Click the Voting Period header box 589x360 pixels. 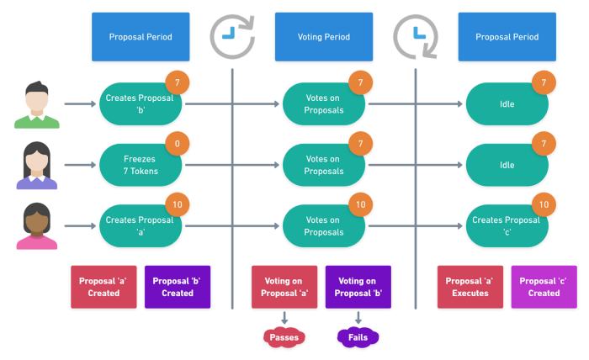(324, 37)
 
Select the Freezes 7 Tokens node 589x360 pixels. (141, 165)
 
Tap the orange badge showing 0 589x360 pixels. (178, 143)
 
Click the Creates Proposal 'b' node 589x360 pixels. (141, 104)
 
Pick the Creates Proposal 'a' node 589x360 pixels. (141, 226)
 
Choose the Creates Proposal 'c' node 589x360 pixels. (507, 226)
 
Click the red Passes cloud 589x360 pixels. (284, 337)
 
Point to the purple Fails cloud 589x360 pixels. (358, 337)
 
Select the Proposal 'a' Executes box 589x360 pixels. (470, 287)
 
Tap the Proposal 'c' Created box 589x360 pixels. (544, 287)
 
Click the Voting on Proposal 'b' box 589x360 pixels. (358, 287)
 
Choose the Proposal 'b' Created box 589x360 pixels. (178, 287)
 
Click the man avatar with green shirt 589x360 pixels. (37, 105)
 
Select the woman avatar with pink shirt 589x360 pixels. (37, 226)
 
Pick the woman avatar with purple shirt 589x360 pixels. (37, 165)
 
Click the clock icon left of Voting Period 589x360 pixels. (232, 37)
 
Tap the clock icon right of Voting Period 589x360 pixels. (416, 37)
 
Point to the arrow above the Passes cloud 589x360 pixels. (284, 318)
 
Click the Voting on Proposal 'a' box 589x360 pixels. (284, 287)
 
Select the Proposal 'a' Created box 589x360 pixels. (103, 287)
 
